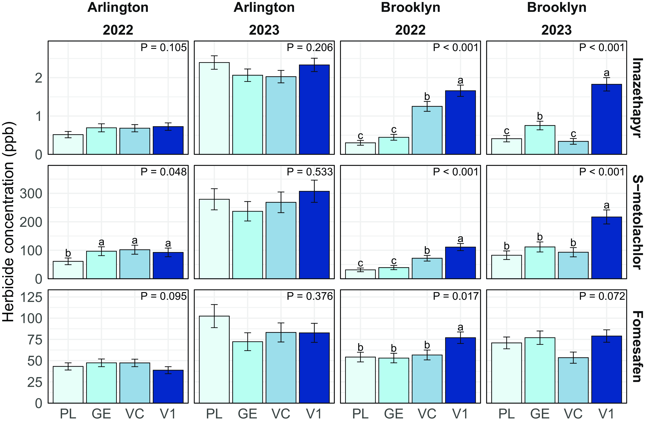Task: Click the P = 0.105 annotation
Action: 163,48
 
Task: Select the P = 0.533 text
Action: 310,172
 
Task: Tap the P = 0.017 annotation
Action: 456,296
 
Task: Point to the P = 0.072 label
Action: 602,296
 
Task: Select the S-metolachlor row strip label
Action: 637,222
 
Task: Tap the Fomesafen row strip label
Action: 637,346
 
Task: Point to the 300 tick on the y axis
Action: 31,194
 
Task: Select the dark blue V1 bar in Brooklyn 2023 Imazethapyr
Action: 606,119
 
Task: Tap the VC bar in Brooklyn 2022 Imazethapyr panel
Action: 427,130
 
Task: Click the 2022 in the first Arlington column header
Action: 118,30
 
